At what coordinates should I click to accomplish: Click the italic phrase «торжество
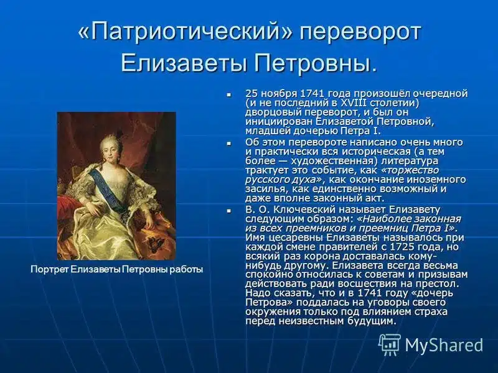click(x=410, y=170)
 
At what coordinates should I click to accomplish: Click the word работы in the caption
click(x=186, y=269)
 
